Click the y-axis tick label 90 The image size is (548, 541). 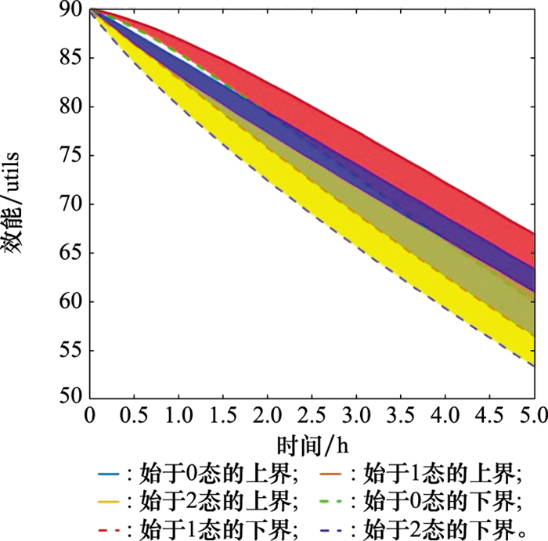point(70,10)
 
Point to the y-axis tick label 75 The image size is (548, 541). point(70,156)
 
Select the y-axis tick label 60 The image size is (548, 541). point(70,301)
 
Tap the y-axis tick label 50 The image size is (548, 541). point(70,398)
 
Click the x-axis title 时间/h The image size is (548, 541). point(312,443)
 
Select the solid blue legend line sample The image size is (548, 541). point(108,473)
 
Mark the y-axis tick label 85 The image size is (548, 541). point(70,59)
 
